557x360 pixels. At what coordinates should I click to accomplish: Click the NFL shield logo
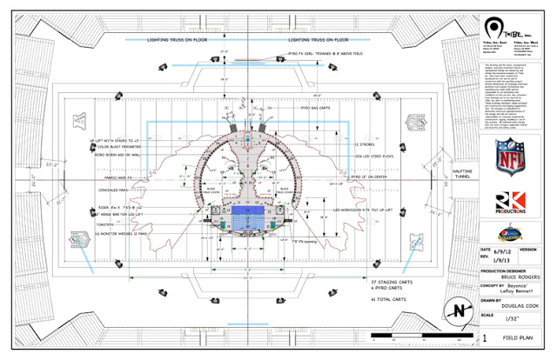pos(510,157)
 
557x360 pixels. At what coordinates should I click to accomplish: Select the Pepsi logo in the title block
pos(510,234)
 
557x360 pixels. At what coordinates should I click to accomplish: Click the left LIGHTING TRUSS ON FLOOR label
pos(175,40)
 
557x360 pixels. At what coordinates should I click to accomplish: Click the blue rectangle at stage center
pos(248,211)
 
